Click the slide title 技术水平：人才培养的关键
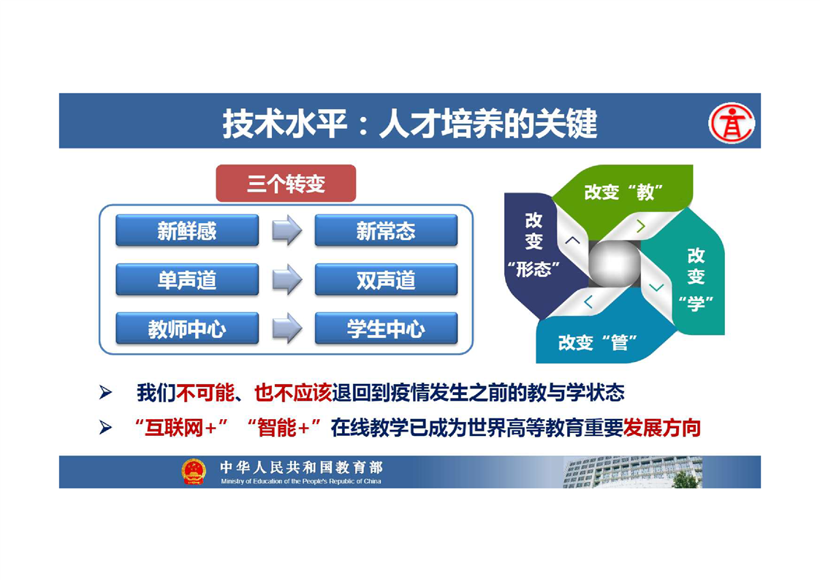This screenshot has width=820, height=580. (410, 124)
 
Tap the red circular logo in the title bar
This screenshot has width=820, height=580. (732, 123)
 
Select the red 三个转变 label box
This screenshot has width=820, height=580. (286, 183)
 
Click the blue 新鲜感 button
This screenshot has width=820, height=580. (187, 230)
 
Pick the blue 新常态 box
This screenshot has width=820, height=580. (386, 230)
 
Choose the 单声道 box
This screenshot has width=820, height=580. (187, 279)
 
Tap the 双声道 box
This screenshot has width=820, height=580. (386, 279)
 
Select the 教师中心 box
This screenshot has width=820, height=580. (187, 328)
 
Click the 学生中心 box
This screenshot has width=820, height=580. (386, 328)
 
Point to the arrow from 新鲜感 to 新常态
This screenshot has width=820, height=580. (287, 230)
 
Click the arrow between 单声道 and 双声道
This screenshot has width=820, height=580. (287, 279)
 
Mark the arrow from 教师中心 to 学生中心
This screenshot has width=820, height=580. (287, 328)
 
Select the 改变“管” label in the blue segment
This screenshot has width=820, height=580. (598, 342)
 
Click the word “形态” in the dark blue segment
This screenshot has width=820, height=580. (534, 269)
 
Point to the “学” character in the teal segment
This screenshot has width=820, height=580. (696, 303)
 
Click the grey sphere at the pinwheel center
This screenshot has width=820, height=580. (615, 264)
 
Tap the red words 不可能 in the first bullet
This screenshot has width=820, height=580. (205, 393)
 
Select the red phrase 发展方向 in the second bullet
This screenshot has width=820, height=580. (661, 428)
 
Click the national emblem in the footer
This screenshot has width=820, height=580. (194, 471)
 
